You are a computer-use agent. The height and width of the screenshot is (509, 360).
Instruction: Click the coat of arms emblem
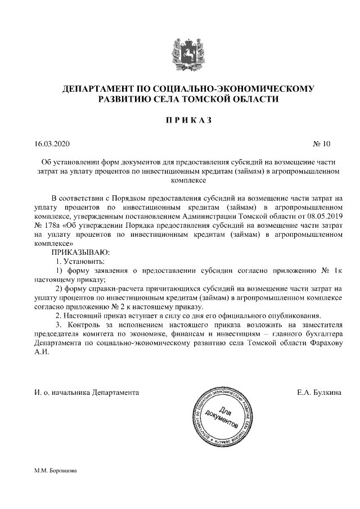point(180,52)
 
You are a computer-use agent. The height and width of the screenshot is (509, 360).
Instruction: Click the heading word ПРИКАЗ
point(180,120)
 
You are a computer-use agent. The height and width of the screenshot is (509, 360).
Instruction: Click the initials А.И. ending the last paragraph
point(42,352)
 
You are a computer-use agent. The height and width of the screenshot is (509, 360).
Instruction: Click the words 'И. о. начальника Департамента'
point(86,391)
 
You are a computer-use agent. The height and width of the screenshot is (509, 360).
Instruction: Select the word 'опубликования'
point(295,316)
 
